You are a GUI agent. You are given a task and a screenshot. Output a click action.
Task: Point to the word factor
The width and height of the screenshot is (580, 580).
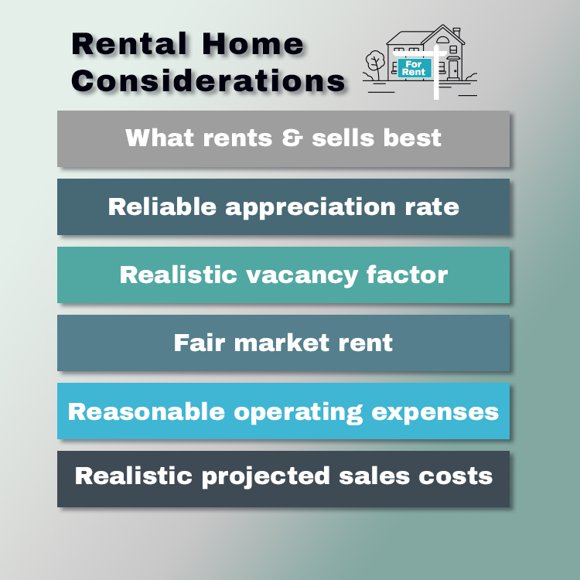pyautogui.click(x=409, y=275)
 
